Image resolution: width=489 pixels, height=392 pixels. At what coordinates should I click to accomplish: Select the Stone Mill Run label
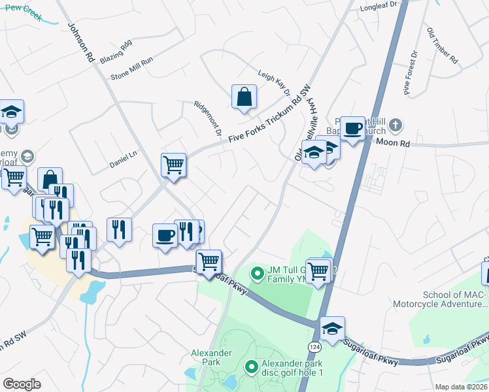[131, 68]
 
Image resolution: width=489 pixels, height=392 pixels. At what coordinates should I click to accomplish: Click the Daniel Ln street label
[122, 161]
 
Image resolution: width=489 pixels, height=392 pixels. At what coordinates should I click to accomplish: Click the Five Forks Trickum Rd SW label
[267, 117]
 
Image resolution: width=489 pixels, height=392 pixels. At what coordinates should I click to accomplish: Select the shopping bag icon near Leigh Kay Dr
[244, 98]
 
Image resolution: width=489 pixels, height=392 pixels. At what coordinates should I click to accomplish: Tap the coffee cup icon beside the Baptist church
[352, 128]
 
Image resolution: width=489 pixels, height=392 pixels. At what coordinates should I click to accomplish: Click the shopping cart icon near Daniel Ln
[173, 165]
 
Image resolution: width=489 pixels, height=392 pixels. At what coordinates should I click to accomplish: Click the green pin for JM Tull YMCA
[258, 272]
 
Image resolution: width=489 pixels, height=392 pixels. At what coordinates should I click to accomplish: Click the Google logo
[22, 384]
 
